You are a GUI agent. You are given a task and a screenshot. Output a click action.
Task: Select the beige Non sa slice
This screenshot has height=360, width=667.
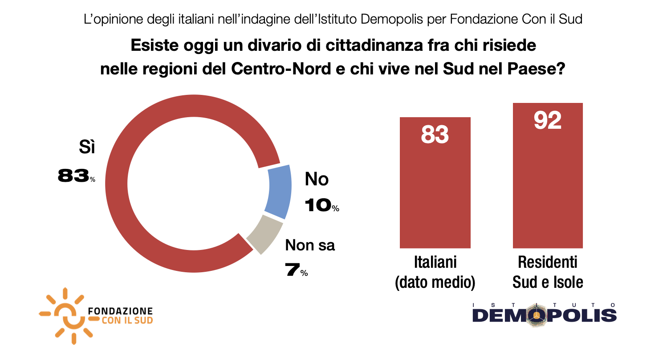(x=264, y=233)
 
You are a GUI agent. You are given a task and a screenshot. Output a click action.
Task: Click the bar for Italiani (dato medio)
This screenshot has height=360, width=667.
(x=435, y=192)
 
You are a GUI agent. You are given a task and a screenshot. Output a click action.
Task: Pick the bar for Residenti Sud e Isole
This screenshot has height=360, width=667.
(x=548, y=187)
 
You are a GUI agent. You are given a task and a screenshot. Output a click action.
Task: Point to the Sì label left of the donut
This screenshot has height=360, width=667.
(x=87, y=147)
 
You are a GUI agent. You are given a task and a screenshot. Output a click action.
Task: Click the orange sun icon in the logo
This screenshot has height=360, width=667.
(x=65, y=315)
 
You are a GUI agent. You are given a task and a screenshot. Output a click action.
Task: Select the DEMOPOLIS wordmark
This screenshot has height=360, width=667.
(x=544, y=315)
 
